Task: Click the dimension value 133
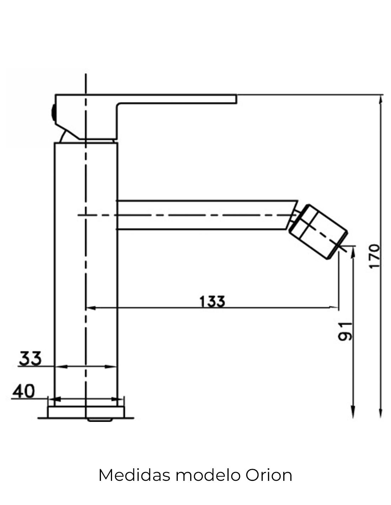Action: (x=212, y=302)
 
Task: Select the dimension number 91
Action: (x=345, y=332)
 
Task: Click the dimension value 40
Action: (x=24, y=391)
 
